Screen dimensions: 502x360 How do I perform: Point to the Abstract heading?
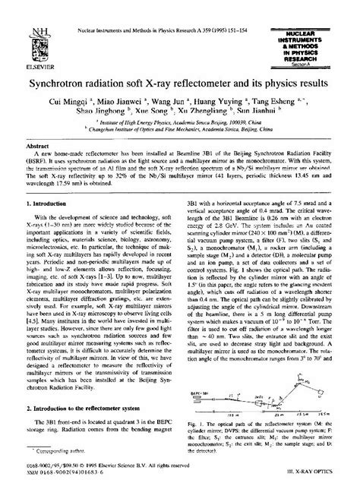pyautogui.click(x=38, y=144)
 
